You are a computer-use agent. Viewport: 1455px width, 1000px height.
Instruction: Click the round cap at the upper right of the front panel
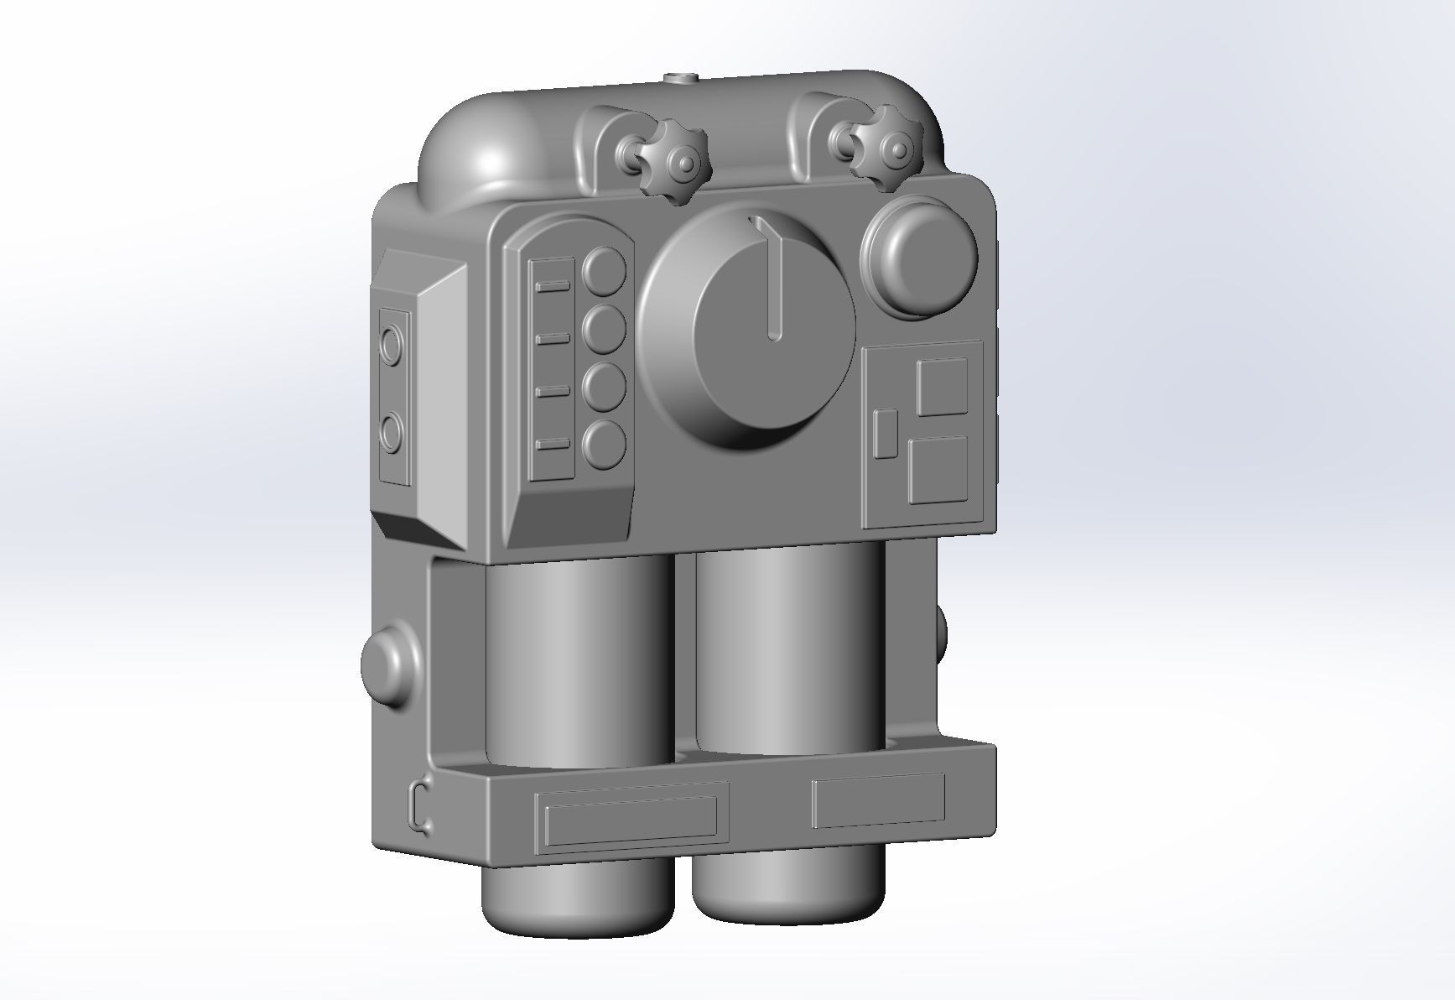pyautogui.click(x=920, y=254)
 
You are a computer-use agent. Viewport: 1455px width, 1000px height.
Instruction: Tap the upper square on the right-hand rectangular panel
pyautogui.click(x=942, y=387)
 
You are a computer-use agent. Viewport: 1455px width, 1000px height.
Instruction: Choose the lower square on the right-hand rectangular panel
pyautogui.click(x=938, y=471)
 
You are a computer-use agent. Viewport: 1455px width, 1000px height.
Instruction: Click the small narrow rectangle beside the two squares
pyautogui.click(x=886, y=434)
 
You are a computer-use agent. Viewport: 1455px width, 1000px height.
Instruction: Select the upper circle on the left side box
pyautogui.click(x=392, y=344)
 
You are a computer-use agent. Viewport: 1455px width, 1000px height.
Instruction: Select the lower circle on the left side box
pyautogui.click(x=392, y=433)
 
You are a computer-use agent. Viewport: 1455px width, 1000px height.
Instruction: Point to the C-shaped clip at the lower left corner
pyautogui.click(x=420, y=807)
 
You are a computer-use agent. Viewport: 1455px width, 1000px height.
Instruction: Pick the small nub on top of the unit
pyautogui.click(x=680, y=80)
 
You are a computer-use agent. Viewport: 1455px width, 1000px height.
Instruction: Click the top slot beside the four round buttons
pyautogui.click(x=553, y=287)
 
